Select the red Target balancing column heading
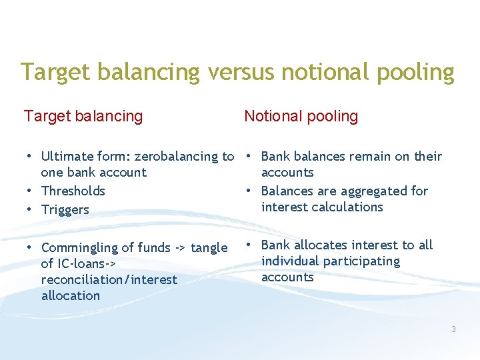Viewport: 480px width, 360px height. (83, 116)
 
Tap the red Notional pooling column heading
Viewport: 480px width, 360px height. (301, 116)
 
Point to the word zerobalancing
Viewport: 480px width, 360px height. (177, 157)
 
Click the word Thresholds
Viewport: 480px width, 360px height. (73, 191)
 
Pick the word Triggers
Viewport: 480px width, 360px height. (65, 210)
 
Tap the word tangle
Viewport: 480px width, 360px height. (209, 248)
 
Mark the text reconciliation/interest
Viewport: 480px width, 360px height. (109, 280)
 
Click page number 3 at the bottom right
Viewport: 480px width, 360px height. (453, 329)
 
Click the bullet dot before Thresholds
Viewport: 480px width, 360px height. (29, 191)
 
